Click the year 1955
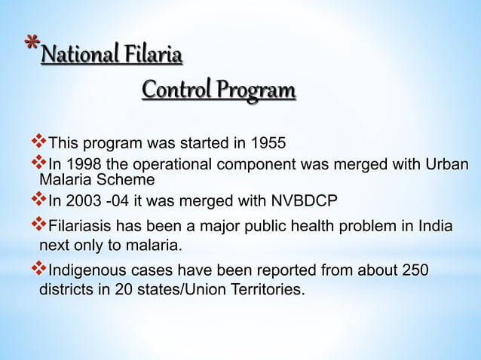[x=268, y=143]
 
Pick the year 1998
[x=83, y=165]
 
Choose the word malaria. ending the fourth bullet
[x=154, y=246]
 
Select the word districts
[x=66, y=289]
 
